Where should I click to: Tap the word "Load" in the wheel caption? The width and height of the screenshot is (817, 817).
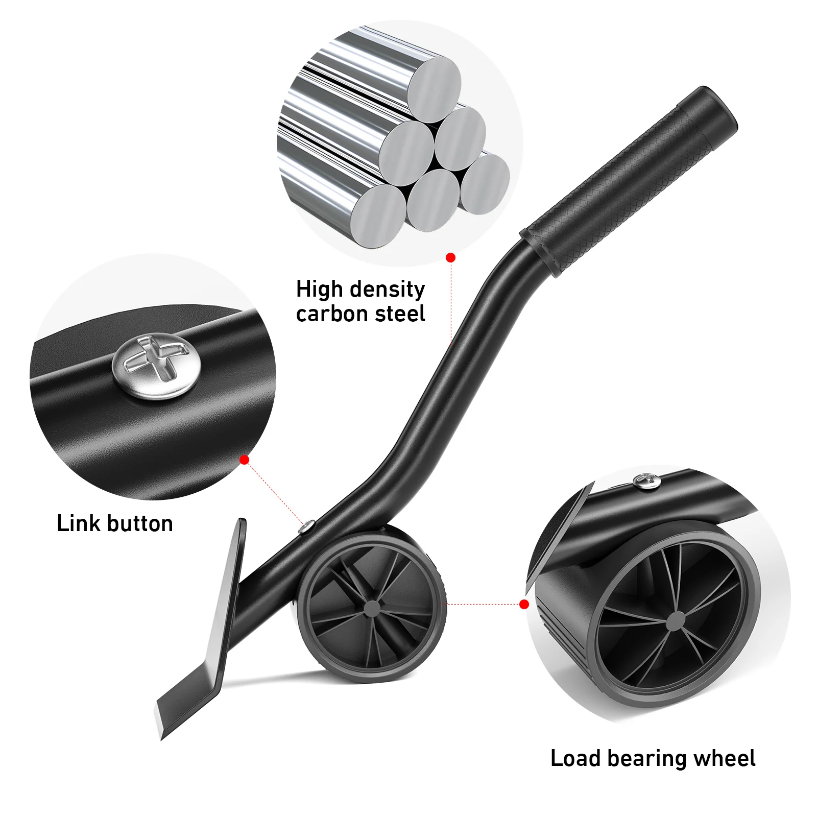point(575,759)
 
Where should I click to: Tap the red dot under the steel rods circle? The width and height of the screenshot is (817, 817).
point(450,258)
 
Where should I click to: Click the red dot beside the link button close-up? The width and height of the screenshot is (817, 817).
point(245,460)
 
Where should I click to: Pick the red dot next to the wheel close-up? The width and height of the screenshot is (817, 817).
point(524,605)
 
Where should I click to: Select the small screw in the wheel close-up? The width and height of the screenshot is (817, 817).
point(645,480)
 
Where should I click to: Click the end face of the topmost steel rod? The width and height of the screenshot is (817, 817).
point(434,89)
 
